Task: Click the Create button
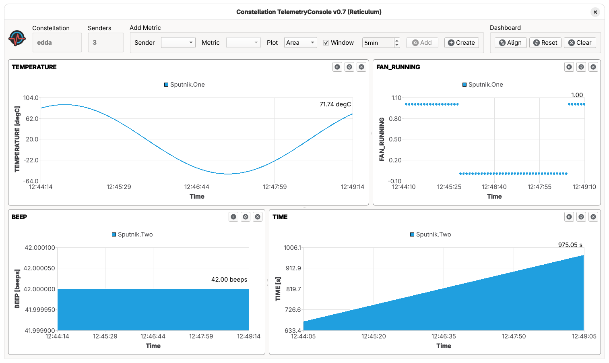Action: [x=461, y=43]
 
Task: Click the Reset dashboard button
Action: [x=545, y=43]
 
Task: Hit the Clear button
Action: [x=580, y=43]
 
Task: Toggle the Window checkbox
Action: [x=326, y=43]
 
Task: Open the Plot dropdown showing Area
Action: [x=300, y=43]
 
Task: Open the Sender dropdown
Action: [x=178, y=43]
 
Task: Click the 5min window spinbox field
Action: [x=378, y=43]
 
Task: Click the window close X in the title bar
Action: [x=595, y=12]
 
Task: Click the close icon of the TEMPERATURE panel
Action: [x=361, y=67]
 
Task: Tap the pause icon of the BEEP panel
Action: [x=233, y=217]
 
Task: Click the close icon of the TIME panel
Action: [x=593, y=217]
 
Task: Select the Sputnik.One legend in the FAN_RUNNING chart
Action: [x=483, y=85]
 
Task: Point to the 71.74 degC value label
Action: [x=335, y=104]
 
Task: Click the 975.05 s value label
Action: [x=570, y=245]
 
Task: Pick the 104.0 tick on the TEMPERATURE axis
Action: [x=31, y=98]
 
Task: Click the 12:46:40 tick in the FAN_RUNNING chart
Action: [x=494, y=187]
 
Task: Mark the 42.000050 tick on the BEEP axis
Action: [x=39, y=268]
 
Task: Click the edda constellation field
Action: [x=57, y=43]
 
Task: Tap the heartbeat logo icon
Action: [x=17, y=39]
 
